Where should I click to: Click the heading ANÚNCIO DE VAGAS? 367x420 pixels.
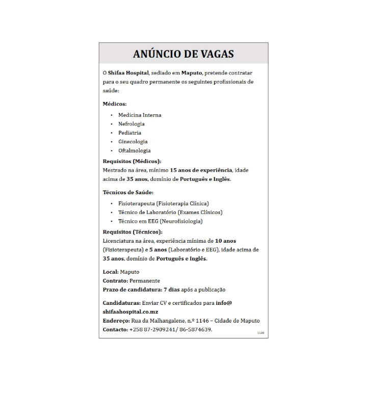point(183,54)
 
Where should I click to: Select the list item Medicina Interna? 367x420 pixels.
point(140,115)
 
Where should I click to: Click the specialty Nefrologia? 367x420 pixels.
point(132,124)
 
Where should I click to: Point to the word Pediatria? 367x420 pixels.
point(130,133)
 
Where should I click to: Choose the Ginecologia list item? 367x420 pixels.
point(133,142)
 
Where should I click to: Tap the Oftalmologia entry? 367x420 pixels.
point(135,150)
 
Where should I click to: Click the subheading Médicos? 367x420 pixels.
point(115,103)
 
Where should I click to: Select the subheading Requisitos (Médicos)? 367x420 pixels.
point(132,161)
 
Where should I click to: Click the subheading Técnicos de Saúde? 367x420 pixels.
point(128,192)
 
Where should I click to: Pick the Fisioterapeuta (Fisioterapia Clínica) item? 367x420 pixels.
point(164,203)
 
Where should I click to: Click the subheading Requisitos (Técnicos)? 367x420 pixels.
point(133,232)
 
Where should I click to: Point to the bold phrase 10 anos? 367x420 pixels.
point(225,241)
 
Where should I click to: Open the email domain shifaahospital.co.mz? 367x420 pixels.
point(130,311)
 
